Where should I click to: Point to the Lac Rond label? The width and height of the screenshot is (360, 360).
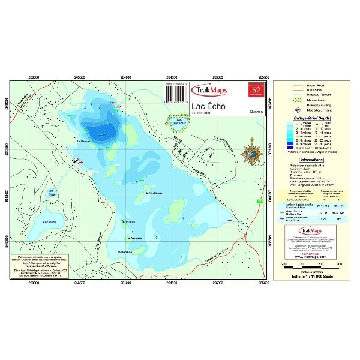point(51,221)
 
